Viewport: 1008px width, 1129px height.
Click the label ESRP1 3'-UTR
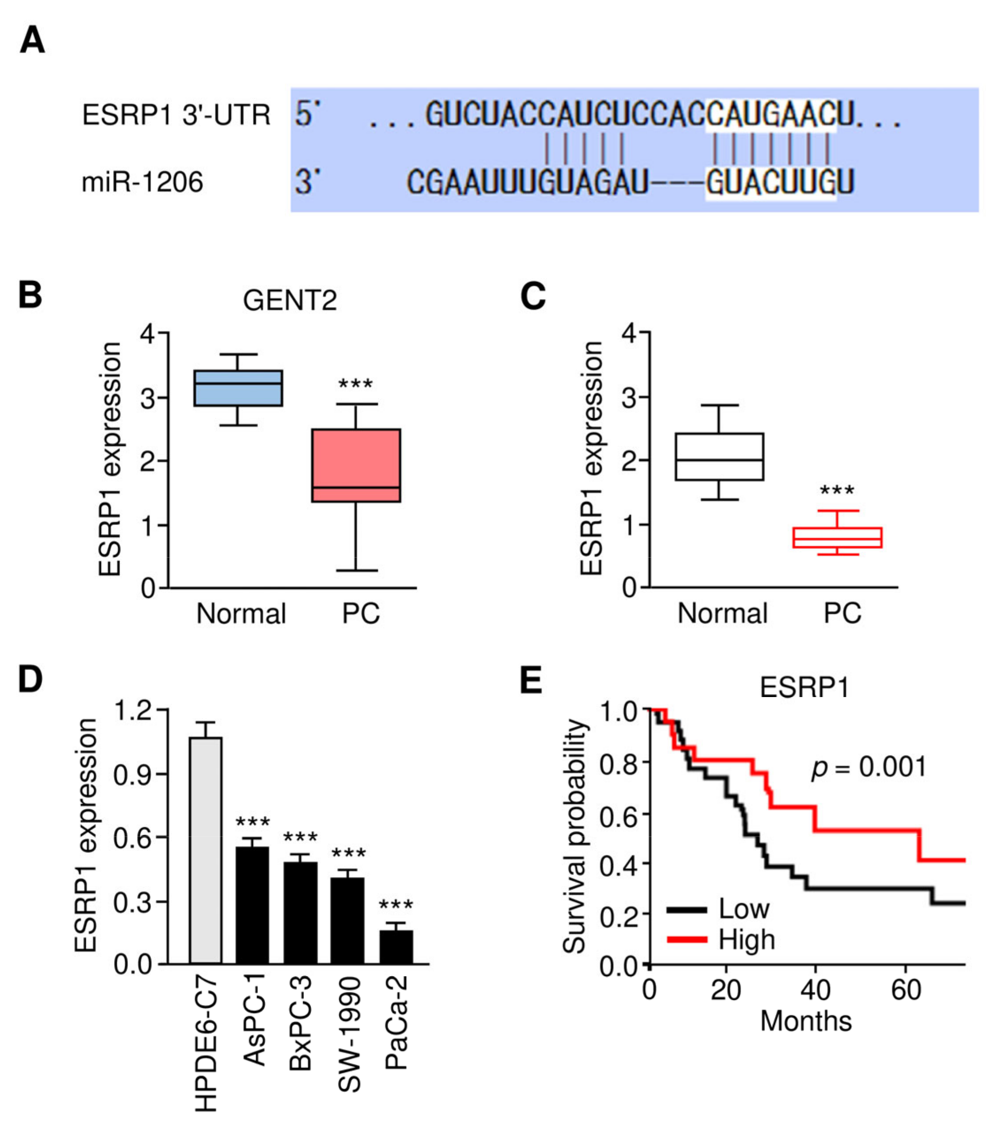point(176,115)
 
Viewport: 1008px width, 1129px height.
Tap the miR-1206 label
point(142,182)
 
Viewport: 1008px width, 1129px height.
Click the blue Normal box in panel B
point(238,388)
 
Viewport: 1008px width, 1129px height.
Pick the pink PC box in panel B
point(356,465)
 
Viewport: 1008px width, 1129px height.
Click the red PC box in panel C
point(837,537)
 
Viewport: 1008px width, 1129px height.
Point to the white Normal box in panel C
point(719,456)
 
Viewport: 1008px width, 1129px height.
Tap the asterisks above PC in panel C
point(837,491)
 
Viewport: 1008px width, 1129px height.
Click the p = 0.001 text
point(869,767)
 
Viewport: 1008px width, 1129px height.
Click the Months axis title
point(806,1021)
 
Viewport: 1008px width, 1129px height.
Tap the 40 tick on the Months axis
point(815,990)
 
